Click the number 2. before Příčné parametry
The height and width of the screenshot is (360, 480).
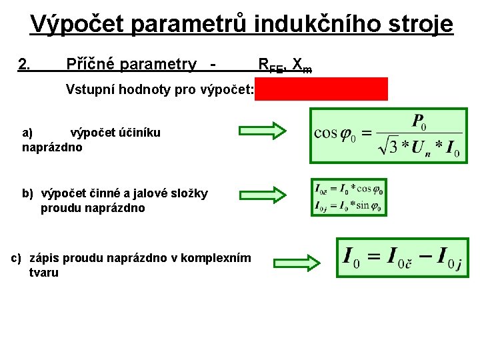(x=25, y=65)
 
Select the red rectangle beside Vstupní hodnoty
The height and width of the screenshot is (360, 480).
(x=321, y=89)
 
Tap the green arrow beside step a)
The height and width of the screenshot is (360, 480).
(x=261, y=129)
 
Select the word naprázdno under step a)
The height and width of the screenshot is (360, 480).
(x=53, y=147)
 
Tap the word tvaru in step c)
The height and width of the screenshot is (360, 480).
(x=44, y=272)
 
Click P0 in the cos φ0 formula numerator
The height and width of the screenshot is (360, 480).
(x=419, y=123)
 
